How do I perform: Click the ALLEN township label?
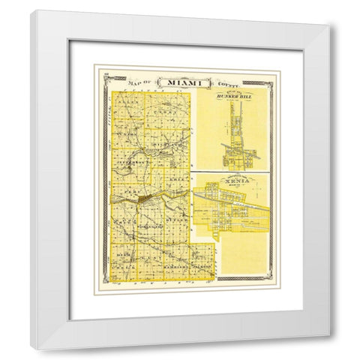[x=127, y=105]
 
